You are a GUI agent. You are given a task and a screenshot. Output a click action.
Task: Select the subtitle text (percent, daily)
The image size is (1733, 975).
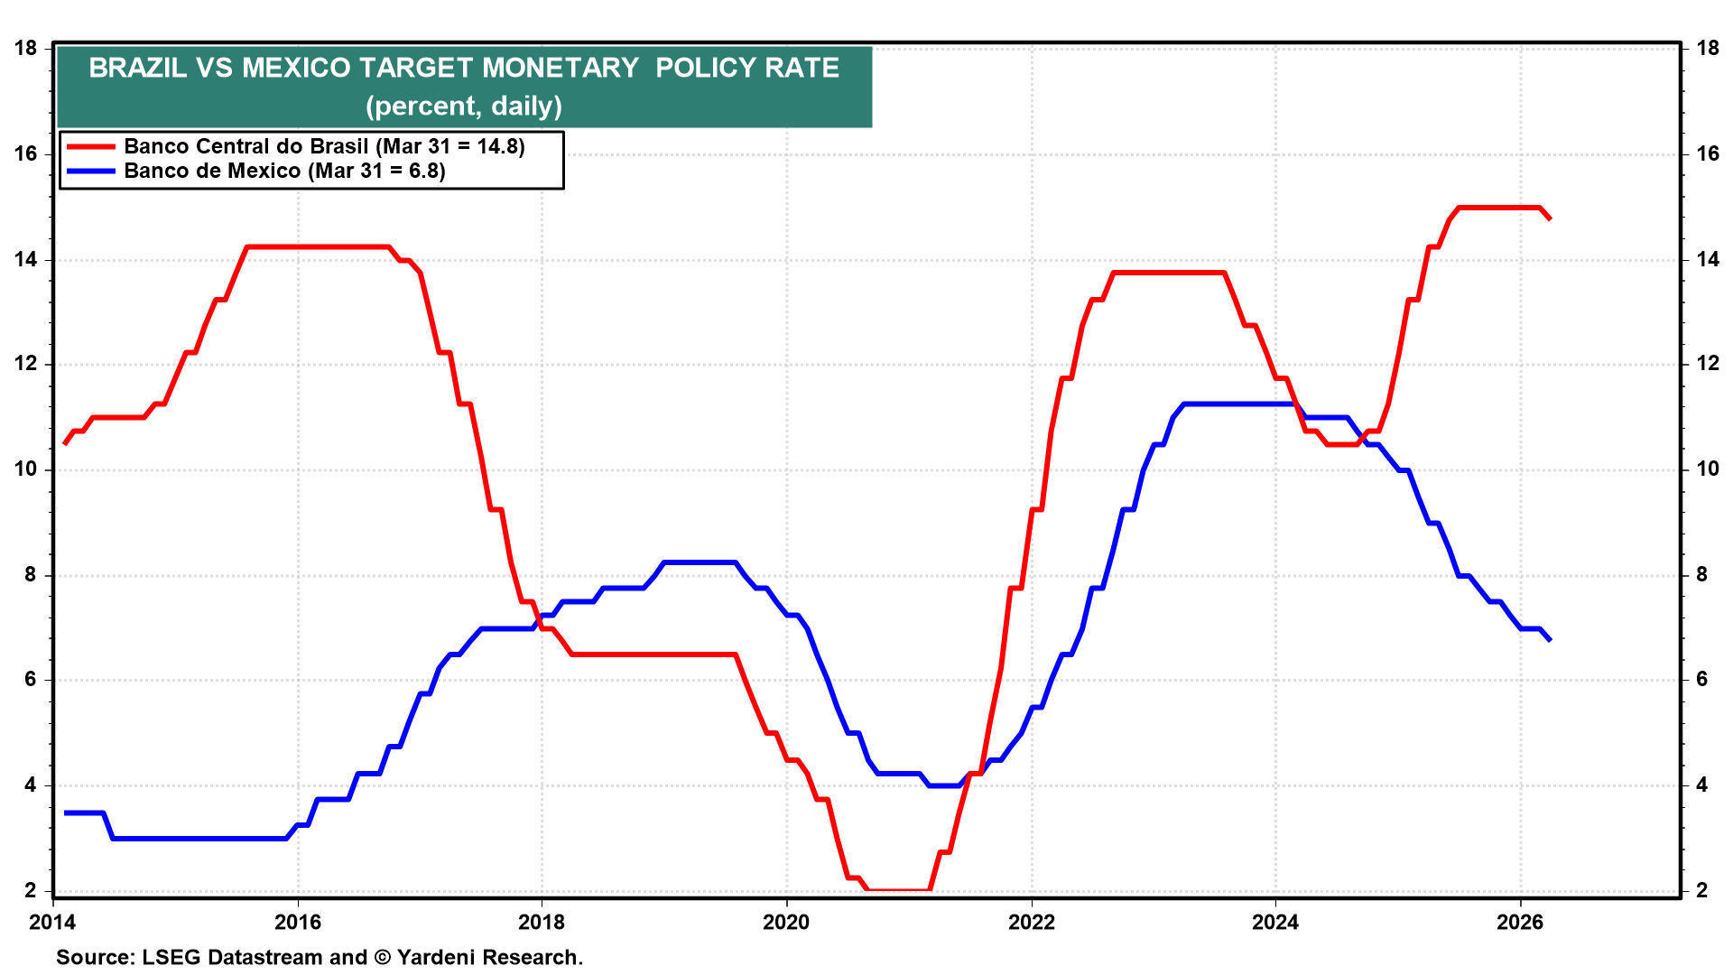pyautogui.click(x=464, y=107)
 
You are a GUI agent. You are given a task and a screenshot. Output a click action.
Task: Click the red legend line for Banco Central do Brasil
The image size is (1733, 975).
pyautogui.click(x=90, y=146)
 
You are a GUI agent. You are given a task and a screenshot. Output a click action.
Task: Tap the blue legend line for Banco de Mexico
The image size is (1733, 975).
pyautogui.click(x=90, y=171)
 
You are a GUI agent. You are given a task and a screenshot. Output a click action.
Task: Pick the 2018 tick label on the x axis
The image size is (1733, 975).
pyautogui.click(x=542, y=922)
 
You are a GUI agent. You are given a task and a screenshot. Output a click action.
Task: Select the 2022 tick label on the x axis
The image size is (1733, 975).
pyautogui.click(x=1031, y=922)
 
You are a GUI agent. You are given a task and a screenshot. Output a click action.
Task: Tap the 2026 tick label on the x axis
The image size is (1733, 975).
pyautogui.click(x=1520, y=922)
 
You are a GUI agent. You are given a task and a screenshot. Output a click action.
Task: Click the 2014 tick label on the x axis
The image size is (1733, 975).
pyautogui.click(x=52, y=922)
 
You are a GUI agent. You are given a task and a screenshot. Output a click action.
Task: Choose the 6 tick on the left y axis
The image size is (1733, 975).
pyautogui.click(x=31, y=679)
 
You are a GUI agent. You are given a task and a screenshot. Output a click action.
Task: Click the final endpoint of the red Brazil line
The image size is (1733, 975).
pyautogui.click(x=1550, y=218)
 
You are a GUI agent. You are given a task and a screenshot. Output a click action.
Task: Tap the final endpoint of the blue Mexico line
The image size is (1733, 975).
pyautogui.click(x=1550, y=639)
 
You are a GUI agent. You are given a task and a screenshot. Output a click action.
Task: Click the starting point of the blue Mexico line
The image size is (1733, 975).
pyautogui.click(x=65, y=812)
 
